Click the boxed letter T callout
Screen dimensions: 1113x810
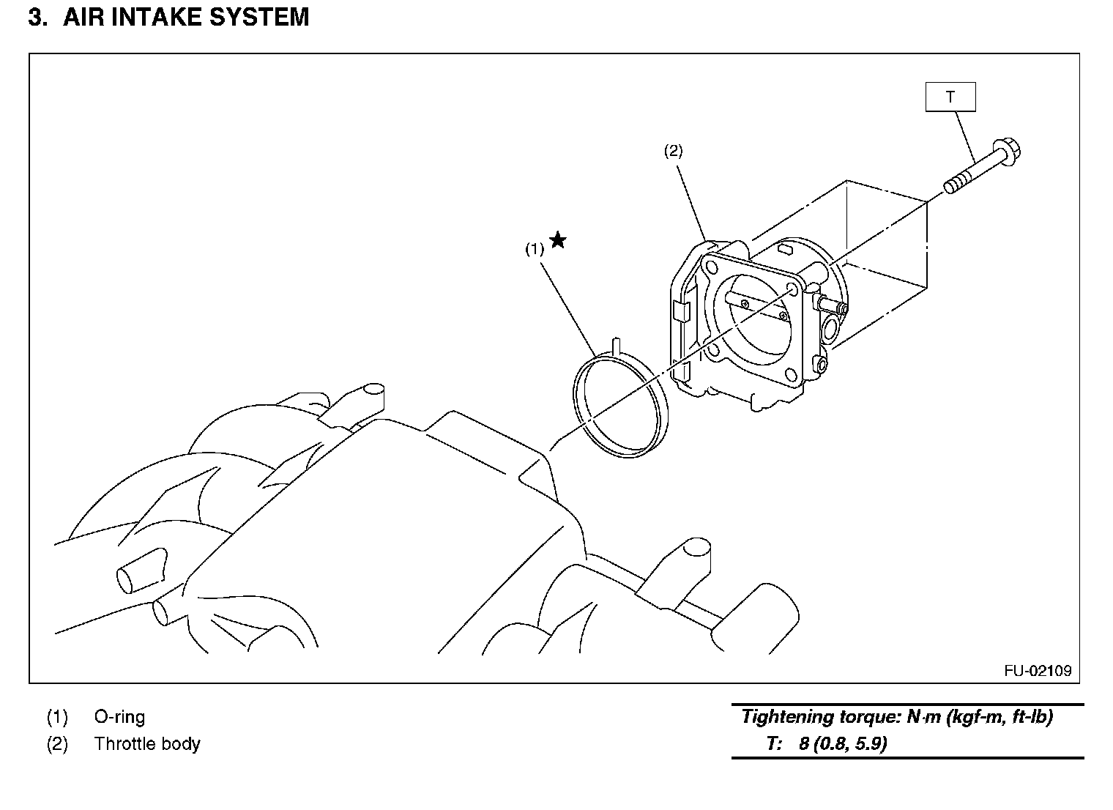[950, 97]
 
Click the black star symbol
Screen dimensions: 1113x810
[558, 240]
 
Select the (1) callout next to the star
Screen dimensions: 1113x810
[535, 249]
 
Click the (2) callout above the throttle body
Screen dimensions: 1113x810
[673, 151]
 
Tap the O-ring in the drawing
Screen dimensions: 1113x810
[621, 405]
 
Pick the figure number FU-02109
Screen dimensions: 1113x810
[1038, 671]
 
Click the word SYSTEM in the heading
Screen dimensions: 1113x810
[259, 17]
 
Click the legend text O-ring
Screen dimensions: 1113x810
[120, 717]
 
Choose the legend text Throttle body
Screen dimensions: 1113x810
[148, 744]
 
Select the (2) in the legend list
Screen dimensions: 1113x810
[57, 744]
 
